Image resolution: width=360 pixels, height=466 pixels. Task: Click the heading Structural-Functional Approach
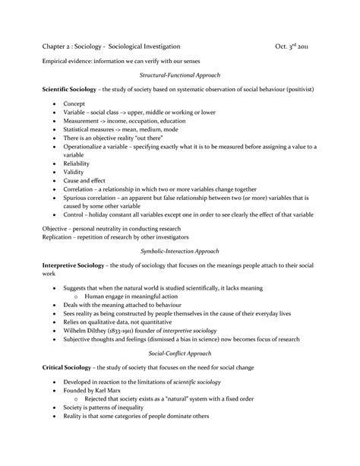pyautogui.click(x=180, y=76)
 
